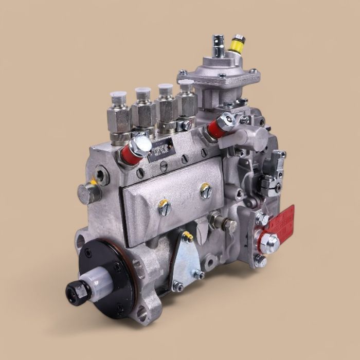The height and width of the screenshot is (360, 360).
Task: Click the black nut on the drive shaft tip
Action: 77,291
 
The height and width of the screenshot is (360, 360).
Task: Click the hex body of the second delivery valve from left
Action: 143,113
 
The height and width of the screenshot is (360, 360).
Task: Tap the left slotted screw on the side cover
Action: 164,207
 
